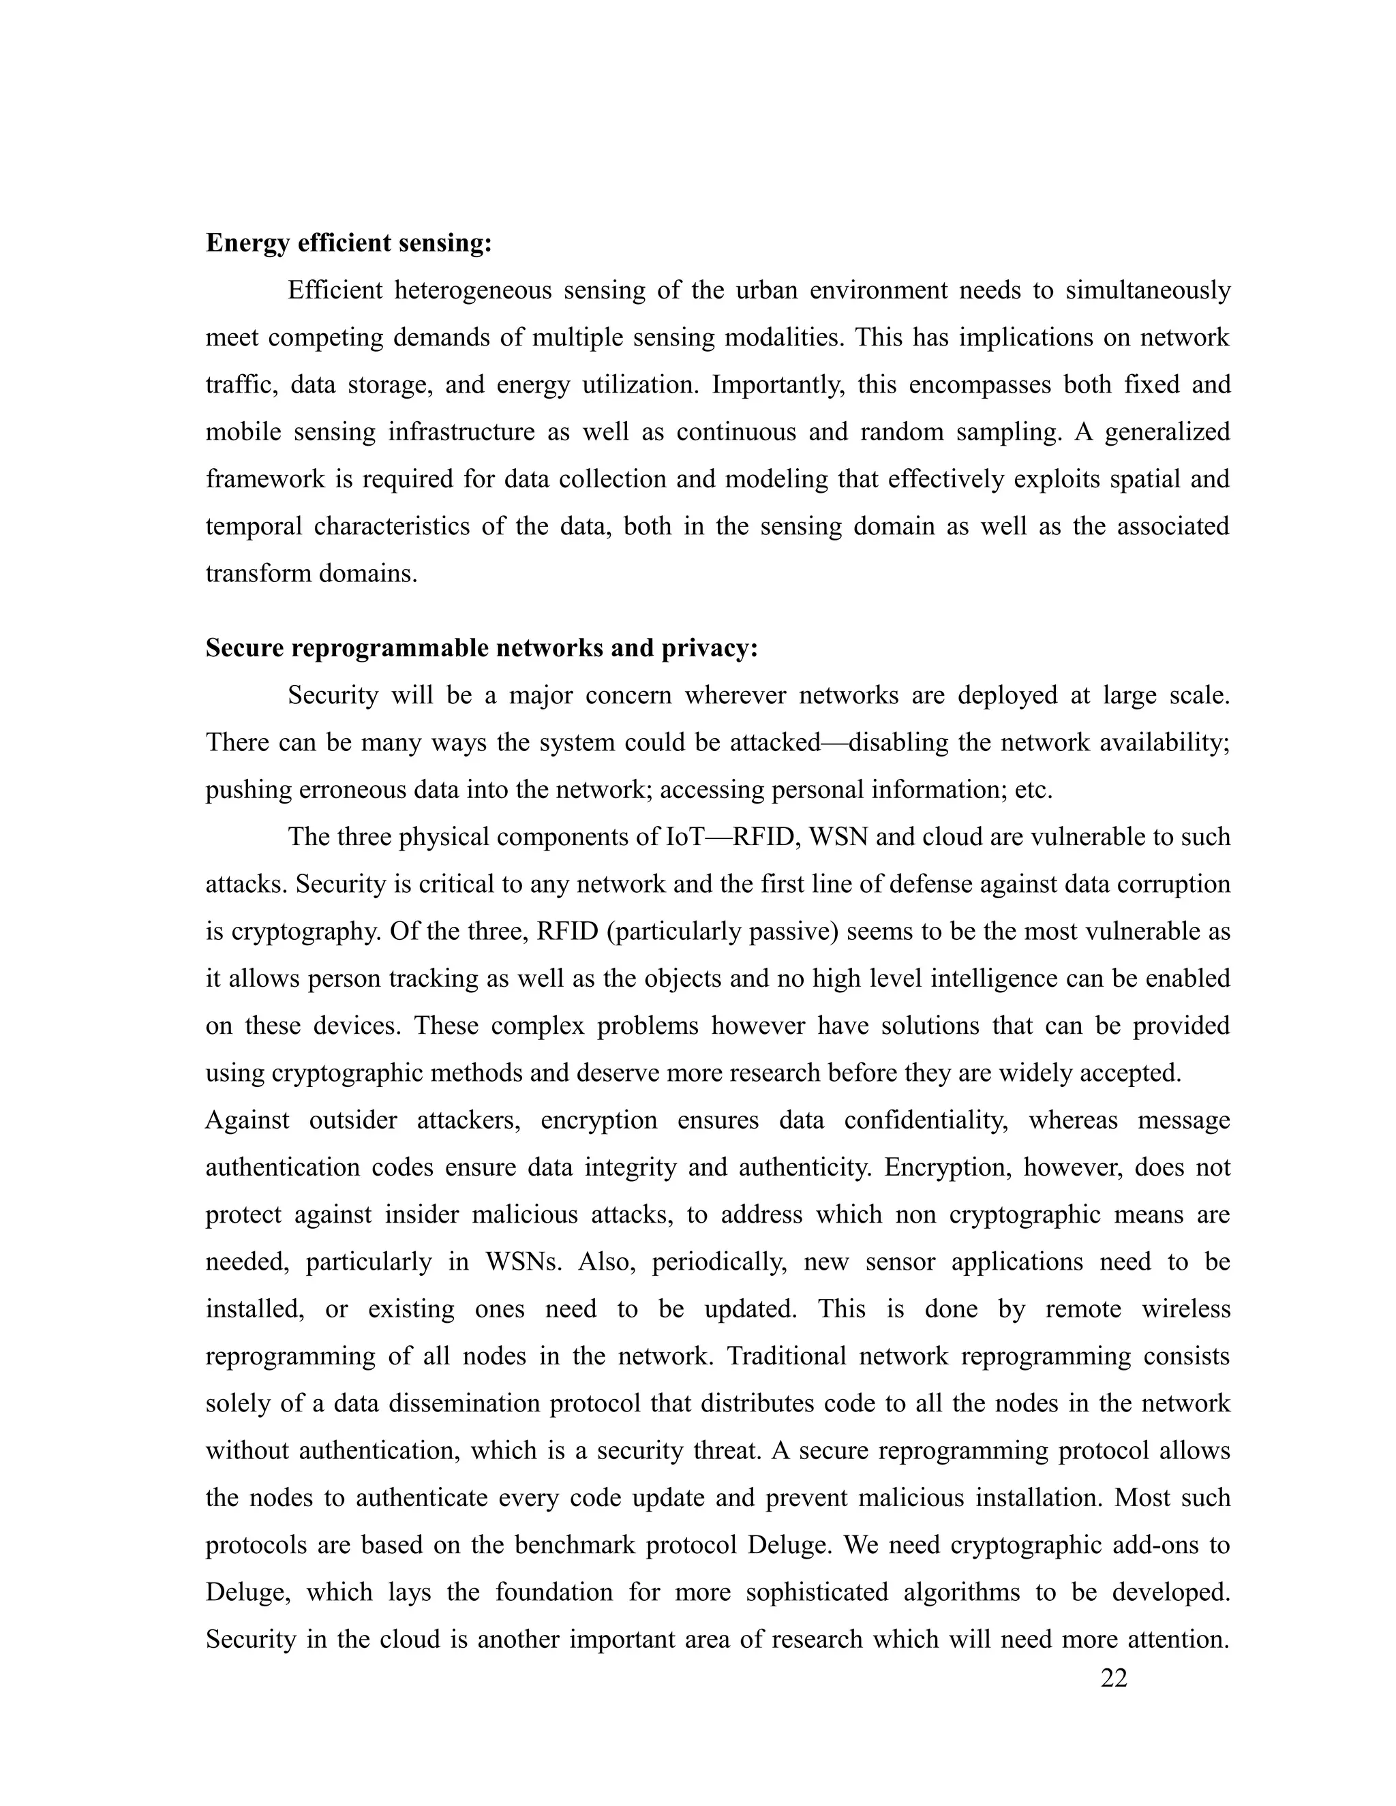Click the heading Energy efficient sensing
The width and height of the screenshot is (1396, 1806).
click(x=348, y=243)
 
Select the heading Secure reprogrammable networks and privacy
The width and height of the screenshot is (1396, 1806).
click(x=481, y=647)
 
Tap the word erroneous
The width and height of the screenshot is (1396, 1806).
click(x=353, y=790)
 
